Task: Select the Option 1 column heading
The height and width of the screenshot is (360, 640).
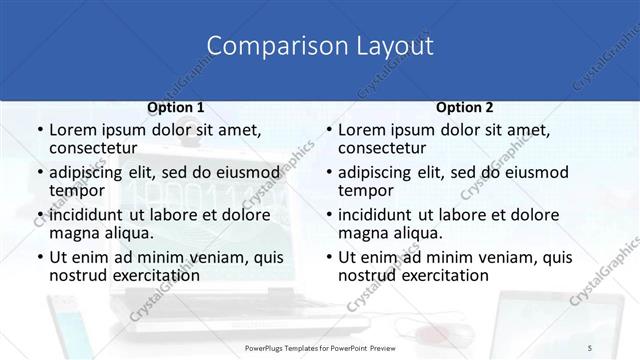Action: pyautogui.click(x=176, y=108)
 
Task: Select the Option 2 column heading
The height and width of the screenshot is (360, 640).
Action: pyautogui.click(x=464, y=108)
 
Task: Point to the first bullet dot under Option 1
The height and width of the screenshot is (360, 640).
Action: pyautogui.click(x=39, y=131)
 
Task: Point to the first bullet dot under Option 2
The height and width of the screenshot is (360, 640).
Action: pyautogui.click(x=328, y=131)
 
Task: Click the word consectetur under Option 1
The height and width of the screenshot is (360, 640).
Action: pyautogui.click(x=99, y=148)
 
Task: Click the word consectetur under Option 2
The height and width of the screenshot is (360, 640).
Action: pyautogui.click(x=388, y=148)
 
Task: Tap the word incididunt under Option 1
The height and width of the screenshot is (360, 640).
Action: pyautogui.click(x=86, y=215)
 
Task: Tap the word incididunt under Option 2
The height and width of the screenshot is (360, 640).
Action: pyautogui.click(x=375, y=215)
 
